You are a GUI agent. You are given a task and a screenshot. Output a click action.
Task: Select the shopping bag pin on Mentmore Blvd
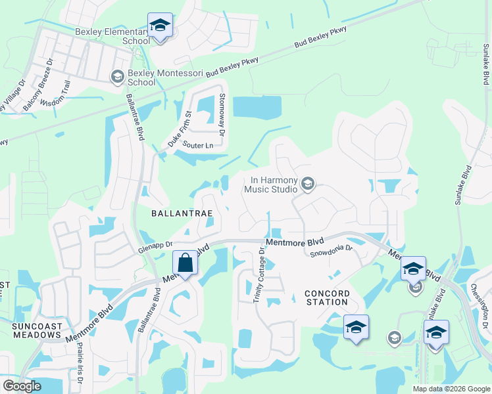[185, 264]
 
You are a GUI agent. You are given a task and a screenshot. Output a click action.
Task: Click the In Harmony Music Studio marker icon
[307, 185]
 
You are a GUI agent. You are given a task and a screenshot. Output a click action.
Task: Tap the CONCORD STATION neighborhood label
[327, 297]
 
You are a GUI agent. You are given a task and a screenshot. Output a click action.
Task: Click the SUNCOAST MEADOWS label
[36, 330]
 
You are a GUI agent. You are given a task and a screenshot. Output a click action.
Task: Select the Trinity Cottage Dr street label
[259, 275]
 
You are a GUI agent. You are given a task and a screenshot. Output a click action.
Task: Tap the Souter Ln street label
[199, 144]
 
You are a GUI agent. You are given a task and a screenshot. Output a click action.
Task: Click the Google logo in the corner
[22, 386]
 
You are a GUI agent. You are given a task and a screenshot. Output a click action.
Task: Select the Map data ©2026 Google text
[451, 389]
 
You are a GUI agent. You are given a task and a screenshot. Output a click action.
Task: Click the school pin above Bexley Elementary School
[160, 26]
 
